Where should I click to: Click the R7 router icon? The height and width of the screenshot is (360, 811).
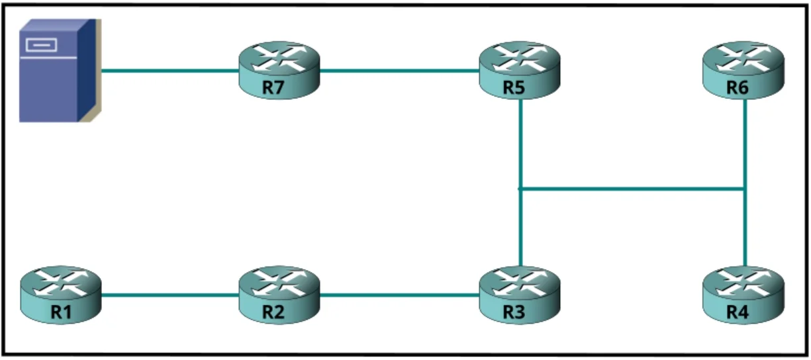[279, 70]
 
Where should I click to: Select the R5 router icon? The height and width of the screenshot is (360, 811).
[520, 70]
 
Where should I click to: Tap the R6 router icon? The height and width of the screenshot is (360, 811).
[743, 70]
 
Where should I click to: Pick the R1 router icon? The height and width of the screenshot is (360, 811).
[61, 295]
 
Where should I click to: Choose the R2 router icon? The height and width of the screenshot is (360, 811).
[279, 295]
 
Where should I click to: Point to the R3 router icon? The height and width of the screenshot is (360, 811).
[520, 295]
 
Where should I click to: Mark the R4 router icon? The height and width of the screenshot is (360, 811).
[743, 295]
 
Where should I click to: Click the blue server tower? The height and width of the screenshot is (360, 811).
[60, 71]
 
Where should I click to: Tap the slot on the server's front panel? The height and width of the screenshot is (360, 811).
[41, 45]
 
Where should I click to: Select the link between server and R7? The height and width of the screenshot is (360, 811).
[170, 71]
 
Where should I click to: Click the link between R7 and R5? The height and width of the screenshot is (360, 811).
[400, 71]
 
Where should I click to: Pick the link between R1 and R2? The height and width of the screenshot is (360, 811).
[170, 295]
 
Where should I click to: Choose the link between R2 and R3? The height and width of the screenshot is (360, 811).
[400, 295]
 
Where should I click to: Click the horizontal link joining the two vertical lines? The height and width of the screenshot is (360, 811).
[632, 189]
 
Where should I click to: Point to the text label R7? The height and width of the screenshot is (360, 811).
[273, 87]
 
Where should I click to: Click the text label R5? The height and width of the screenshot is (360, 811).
[514, 87]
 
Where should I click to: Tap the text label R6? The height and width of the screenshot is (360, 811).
[738, 87]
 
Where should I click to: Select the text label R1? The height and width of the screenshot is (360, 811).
[61, 312]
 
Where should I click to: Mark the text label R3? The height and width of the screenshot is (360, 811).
[514, 312]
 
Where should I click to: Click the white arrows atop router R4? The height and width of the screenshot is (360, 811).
[743, 283]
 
